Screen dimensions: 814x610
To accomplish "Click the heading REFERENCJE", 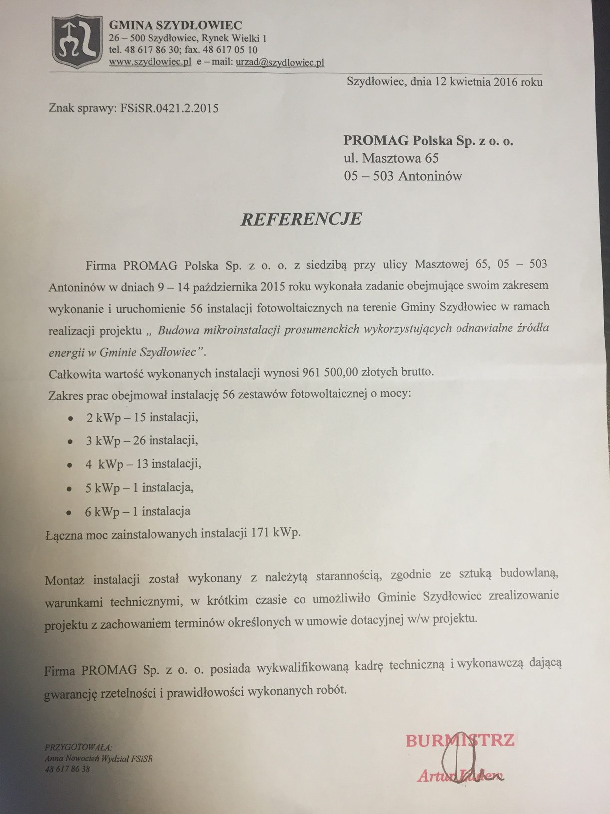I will pos(301,219).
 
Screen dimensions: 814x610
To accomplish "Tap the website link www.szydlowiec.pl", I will pos(150,62).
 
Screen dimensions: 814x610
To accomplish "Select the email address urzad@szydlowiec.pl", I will pos(280,62).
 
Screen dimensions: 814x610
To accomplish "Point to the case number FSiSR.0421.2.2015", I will pos(169,108).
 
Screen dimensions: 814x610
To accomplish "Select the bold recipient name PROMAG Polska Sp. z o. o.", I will pos(428,141).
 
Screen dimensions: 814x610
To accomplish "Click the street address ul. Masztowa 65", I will pos(391,159).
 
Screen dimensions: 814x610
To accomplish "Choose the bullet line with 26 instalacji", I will pos(142,441).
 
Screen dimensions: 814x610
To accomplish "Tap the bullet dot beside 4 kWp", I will pos(70,465).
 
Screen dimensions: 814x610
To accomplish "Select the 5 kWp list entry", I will pos(139,488).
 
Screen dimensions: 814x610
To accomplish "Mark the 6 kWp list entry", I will pos(138,511).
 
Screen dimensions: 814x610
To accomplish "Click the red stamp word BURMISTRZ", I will pos(459,740).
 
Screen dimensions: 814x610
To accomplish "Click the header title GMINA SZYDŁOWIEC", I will pos(175,25).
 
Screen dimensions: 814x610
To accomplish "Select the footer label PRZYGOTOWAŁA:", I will pos(78,747).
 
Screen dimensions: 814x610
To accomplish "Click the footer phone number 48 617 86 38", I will pos(67,769).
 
